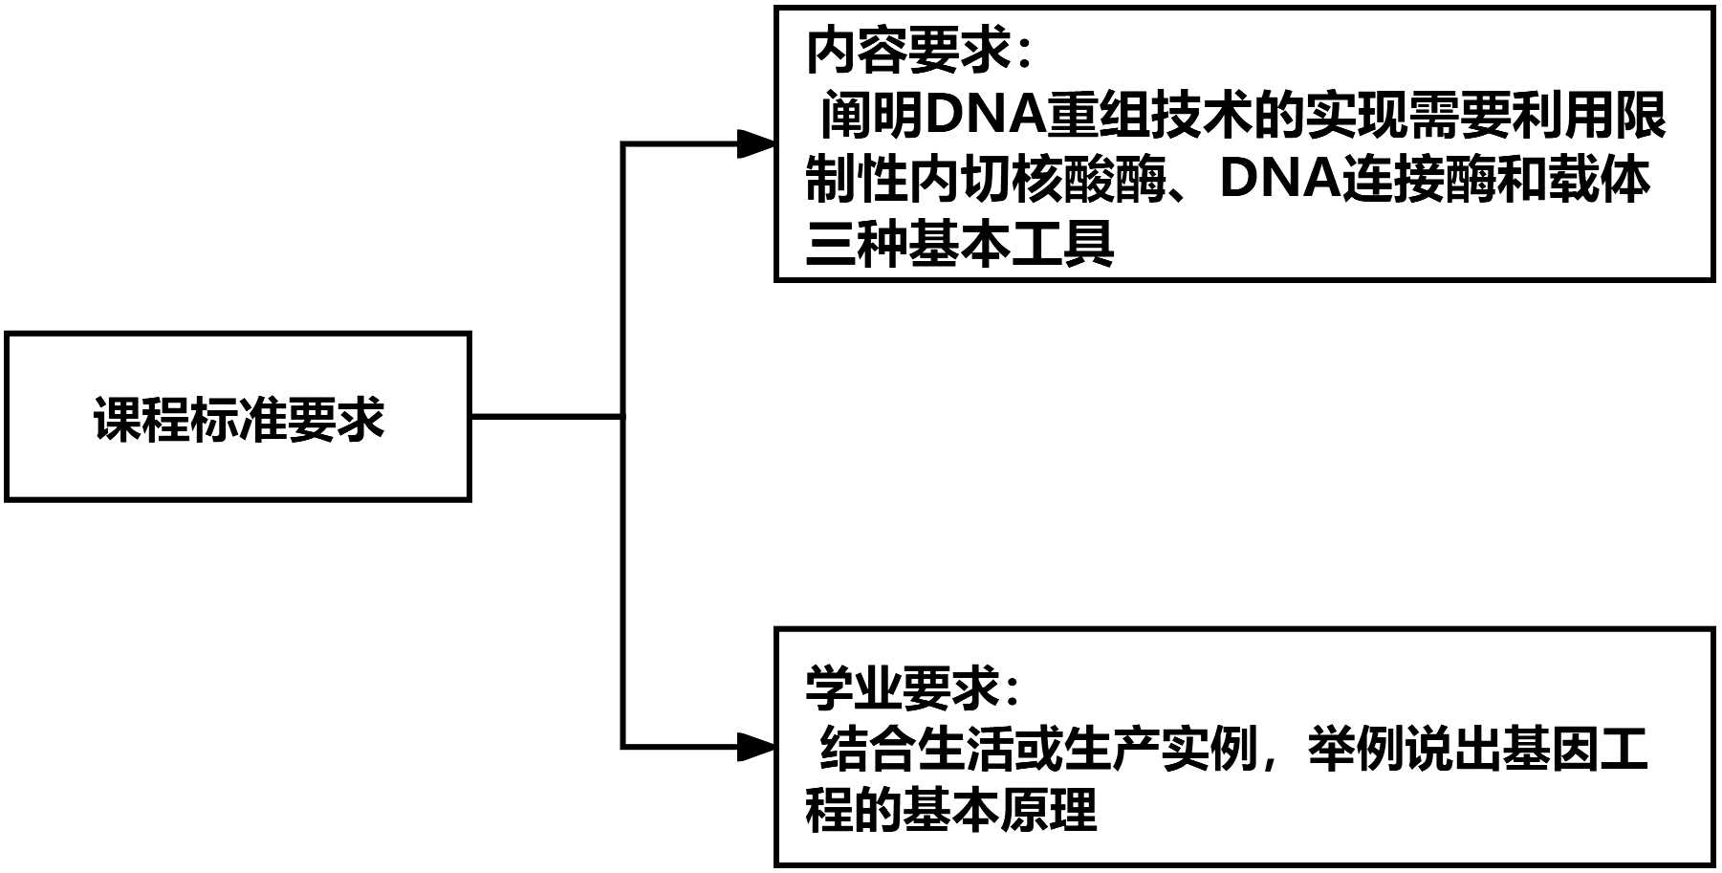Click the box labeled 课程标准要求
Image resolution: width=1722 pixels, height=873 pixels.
(238, 417)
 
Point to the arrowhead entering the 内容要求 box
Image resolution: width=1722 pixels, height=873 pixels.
(757, 144)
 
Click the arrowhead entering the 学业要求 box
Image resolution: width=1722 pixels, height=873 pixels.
(757, 747)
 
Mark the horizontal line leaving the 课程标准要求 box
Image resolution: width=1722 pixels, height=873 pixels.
(546, 417)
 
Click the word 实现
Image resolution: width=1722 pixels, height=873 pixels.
(1356, 116)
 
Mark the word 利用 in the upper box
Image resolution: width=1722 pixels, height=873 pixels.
(1562, 116)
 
